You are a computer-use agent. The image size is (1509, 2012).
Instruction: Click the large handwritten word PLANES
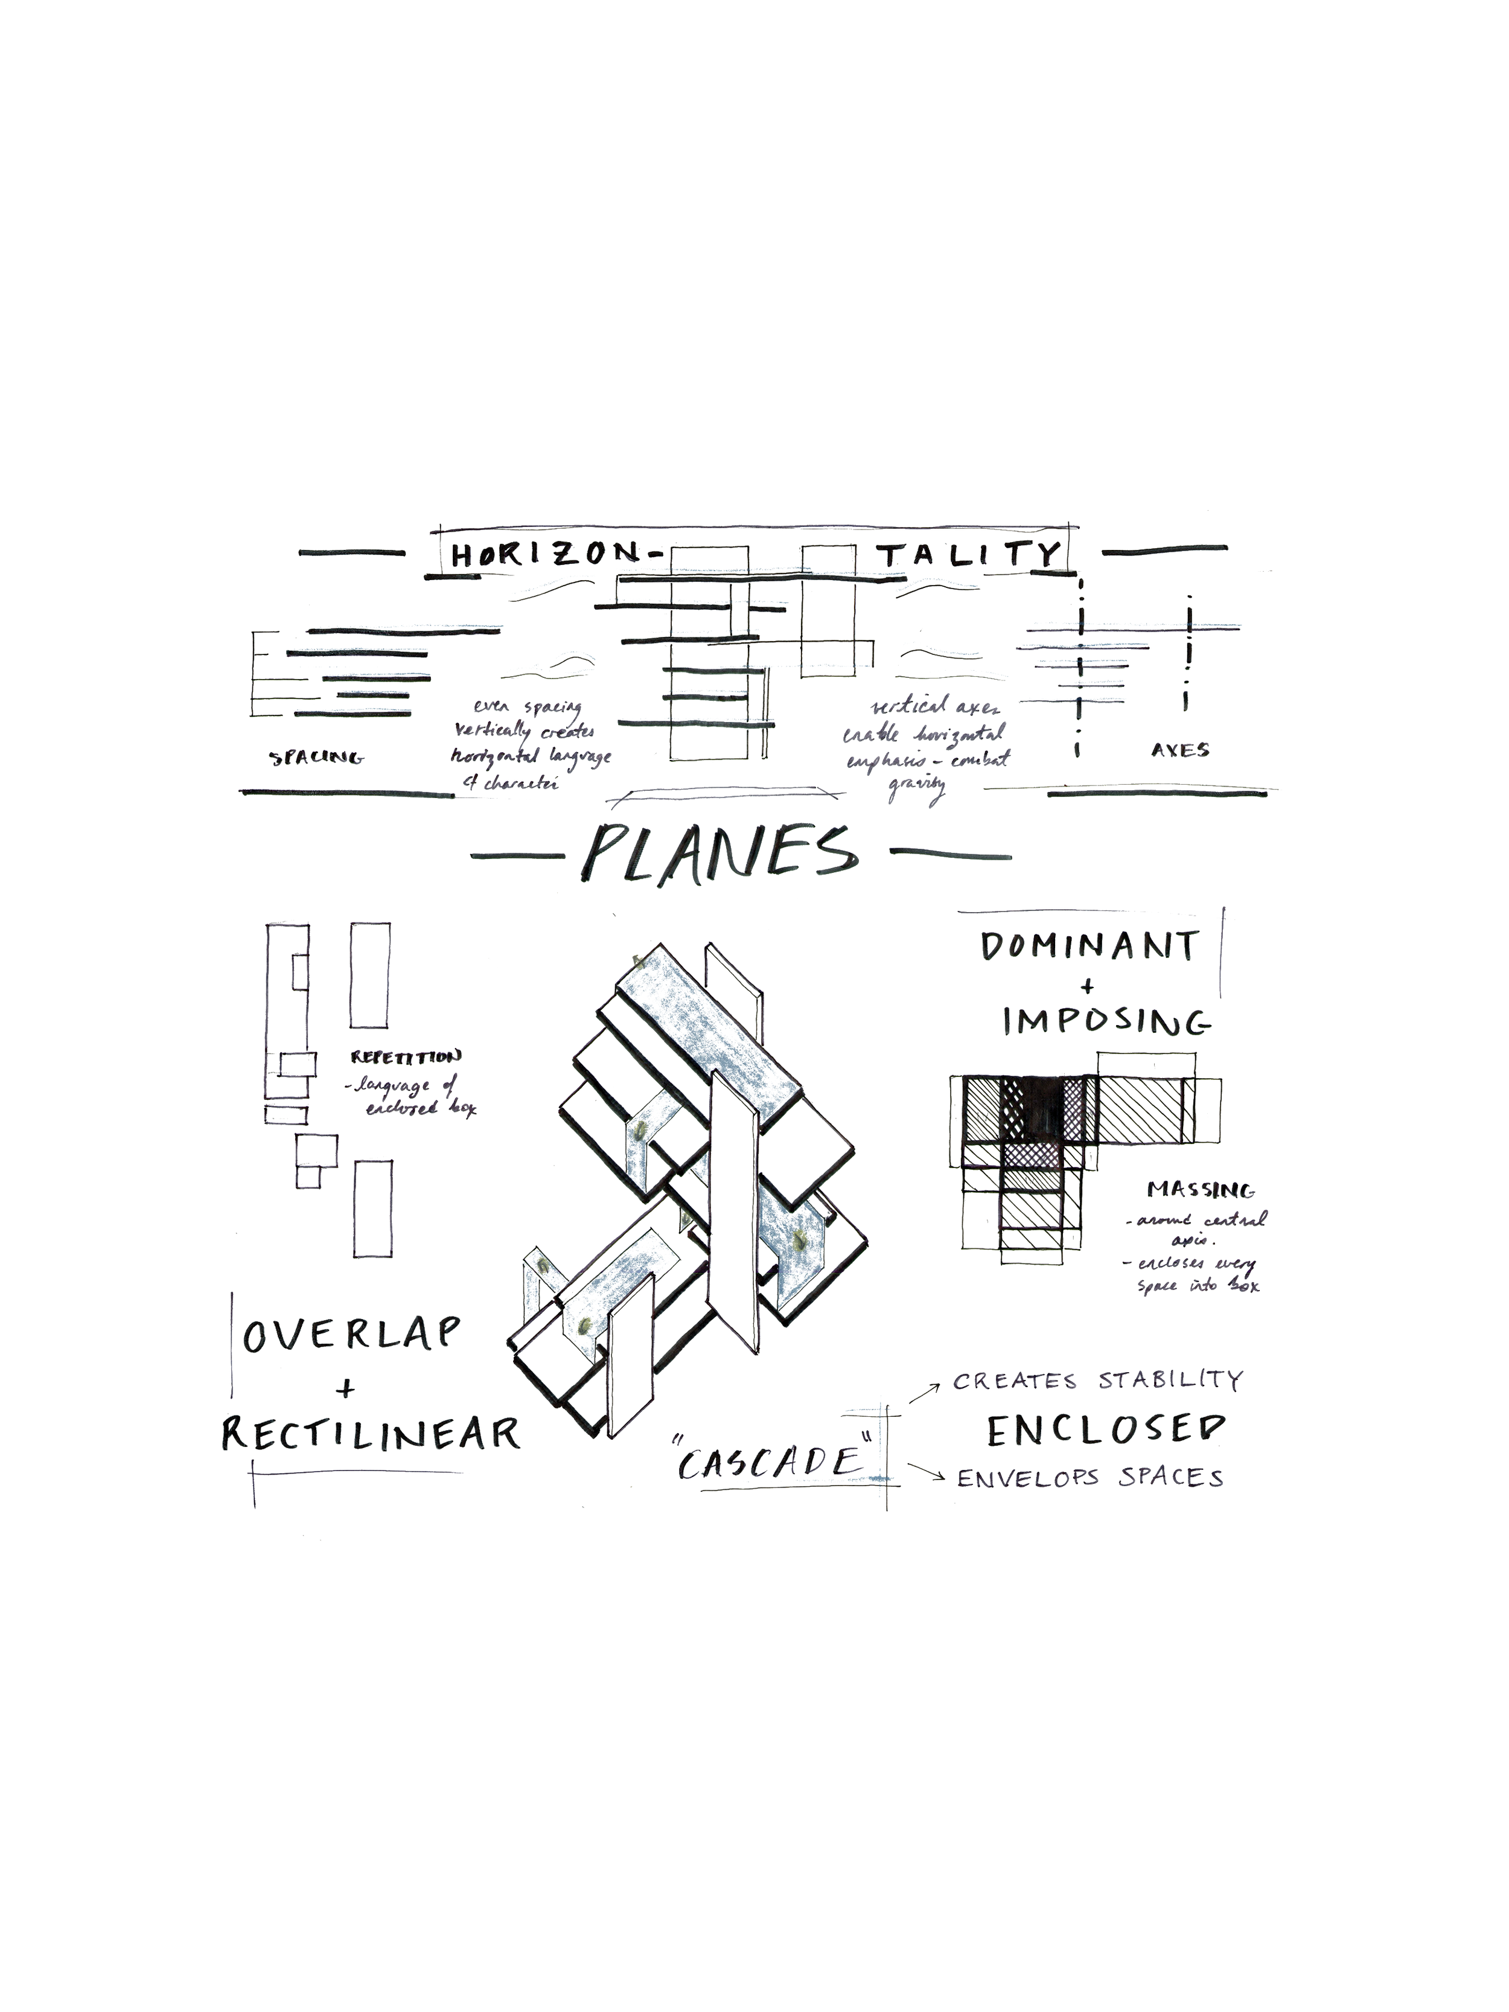pyautogui.click(x=718, y=852)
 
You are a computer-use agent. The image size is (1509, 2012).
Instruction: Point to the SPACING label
pyautogui.click(x=316, y=757)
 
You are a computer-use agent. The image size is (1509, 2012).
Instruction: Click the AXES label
pyautogui.click(x=1179, y=750)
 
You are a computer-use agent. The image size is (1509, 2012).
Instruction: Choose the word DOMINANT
pyautogui.click(x=1089, y=947)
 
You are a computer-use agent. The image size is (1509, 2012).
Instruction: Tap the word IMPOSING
pyautogui.click(x=1106, y=1023)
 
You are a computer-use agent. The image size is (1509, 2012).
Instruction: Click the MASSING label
pyautogui.click(x=1201, y=1190)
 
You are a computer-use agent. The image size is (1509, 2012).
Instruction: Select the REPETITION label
pyautogui.click(x=406, y=1057)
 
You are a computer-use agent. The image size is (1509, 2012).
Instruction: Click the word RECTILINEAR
pyautogui.click(x=371, y=1434)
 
